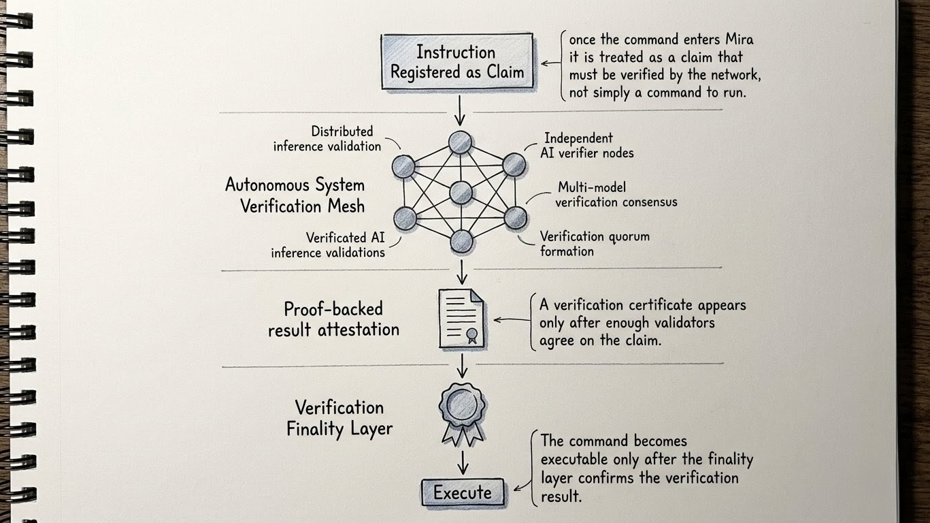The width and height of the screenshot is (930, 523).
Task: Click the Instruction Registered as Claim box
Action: click(x=456, y=62)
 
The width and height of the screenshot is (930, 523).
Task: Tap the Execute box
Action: click(x=463, y=492)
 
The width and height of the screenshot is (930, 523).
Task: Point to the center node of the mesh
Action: click(x=461, y=193)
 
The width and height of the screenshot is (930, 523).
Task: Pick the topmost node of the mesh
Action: click(x=460, y=142)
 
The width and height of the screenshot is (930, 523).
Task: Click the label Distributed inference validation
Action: click(x=328, y=138)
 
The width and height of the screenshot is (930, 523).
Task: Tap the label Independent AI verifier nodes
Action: click(x=588, y=146)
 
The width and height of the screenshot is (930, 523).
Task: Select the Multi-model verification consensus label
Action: click(x=616, y=194)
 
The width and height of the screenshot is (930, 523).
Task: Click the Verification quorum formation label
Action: click(x=594, y=244)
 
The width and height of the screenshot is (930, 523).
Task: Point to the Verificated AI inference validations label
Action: click(x=329, y=245)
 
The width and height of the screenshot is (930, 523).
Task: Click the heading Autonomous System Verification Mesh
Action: click(x=295, y=195)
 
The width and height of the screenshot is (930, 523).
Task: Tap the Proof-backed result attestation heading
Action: click(x=333, y=319)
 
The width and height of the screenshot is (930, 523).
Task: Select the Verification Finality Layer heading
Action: click(x=339, y=418)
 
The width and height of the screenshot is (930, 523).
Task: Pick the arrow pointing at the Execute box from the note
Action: click(x=522, y=484)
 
